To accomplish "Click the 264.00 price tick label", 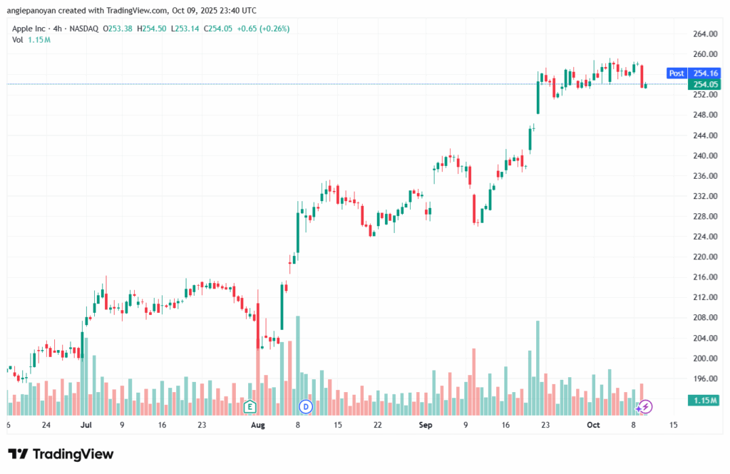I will [704, 34].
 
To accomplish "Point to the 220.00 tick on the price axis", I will [704, 257].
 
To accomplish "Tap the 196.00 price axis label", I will [704, 378].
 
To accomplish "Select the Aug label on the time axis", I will [258, 425].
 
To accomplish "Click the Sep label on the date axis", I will [426, 425].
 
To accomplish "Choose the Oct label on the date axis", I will [593, 425].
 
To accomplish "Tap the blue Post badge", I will [676, 73].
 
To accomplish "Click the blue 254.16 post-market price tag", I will [706, 73].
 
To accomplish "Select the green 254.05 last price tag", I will [706, 84].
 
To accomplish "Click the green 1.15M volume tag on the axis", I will [706, 401].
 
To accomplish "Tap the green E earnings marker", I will [250, 407].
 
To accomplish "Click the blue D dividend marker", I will [306, 407].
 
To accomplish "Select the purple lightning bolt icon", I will [646, 407].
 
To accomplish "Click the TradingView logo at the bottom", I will [61, 454].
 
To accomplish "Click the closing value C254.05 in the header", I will [217, 29].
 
